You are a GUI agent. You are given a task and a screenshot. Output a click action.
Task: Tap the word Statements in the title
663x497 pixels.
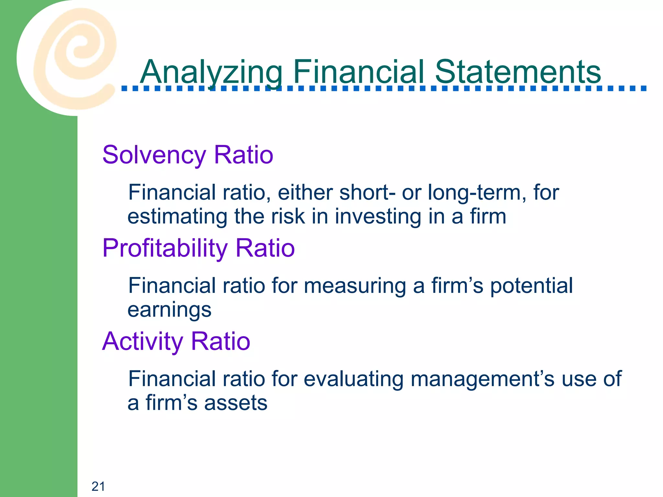pos(518,72)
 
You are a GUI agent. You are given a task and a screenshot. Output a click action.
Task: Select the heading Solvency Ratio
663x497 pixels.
pos(188,155)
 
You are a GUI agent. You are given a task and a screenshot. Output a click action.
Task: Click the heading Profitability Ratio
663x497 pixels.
pos(198,248)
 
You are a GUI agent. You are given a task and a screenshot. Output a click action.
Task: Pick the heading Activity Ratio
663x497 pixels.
pos(176,341)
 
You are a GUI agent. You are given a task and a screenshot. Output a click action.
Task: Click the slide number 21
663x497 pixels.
pos(98,486)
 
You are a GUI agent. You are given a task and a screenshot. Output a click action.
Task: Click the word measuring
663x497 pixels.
pos(355,286)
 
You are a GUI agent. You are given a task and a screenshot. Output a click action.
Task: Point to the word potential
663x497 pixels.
pos(531,286)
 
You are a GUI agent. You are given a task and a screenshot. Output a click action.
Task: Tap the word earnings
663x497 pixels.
pos(169,310)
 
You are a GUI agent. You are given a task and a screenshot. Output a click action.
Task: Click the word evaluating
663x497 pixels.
pos(354,379)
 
